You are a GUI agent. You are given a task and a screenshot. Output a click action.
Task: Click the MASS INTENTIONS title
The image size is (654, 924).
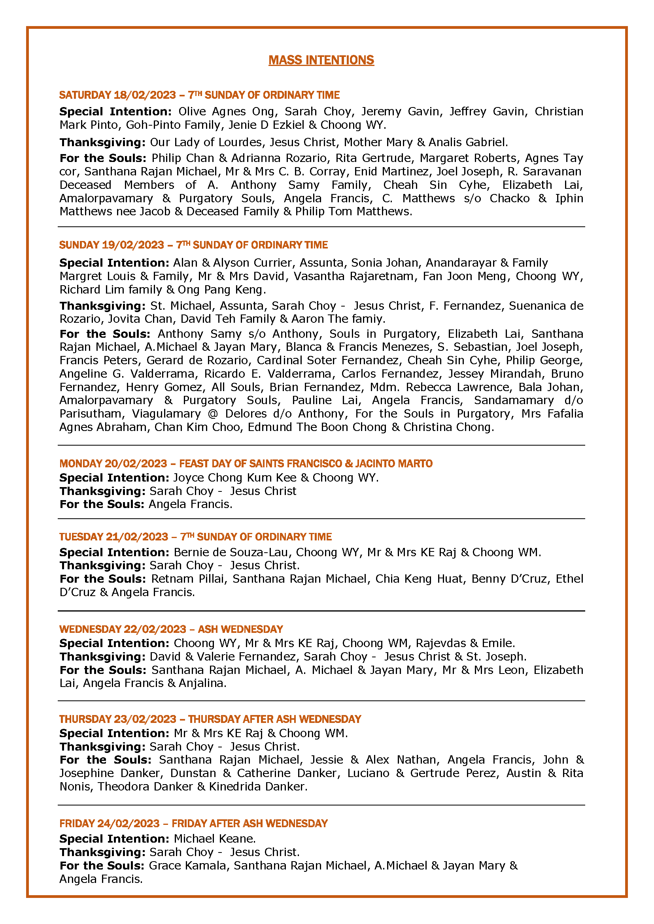point(321,60)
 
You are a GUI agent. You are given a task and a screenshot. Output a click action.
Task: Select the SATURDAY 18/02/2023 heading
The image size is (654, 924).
point(199,95)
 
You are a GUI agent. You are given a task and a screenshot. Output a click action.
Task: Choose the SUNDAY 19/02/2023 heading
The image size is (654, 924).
point(193,245)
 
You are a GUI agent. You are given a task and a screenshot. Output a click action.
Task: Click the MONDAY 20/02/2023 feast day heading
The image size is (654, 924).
point(246,463)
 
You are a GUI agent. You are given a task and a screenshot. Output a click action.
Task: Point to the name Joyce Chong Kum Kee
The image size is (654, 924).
point(234,478)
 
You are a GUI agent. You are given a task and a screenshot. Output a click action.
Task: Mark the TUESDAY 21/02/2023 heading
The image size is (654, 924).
point(195,536)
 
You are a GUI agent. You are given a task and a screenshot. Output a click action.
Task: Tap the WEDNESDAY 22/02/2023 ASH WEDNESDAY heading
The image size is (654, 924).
point(171,629)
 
